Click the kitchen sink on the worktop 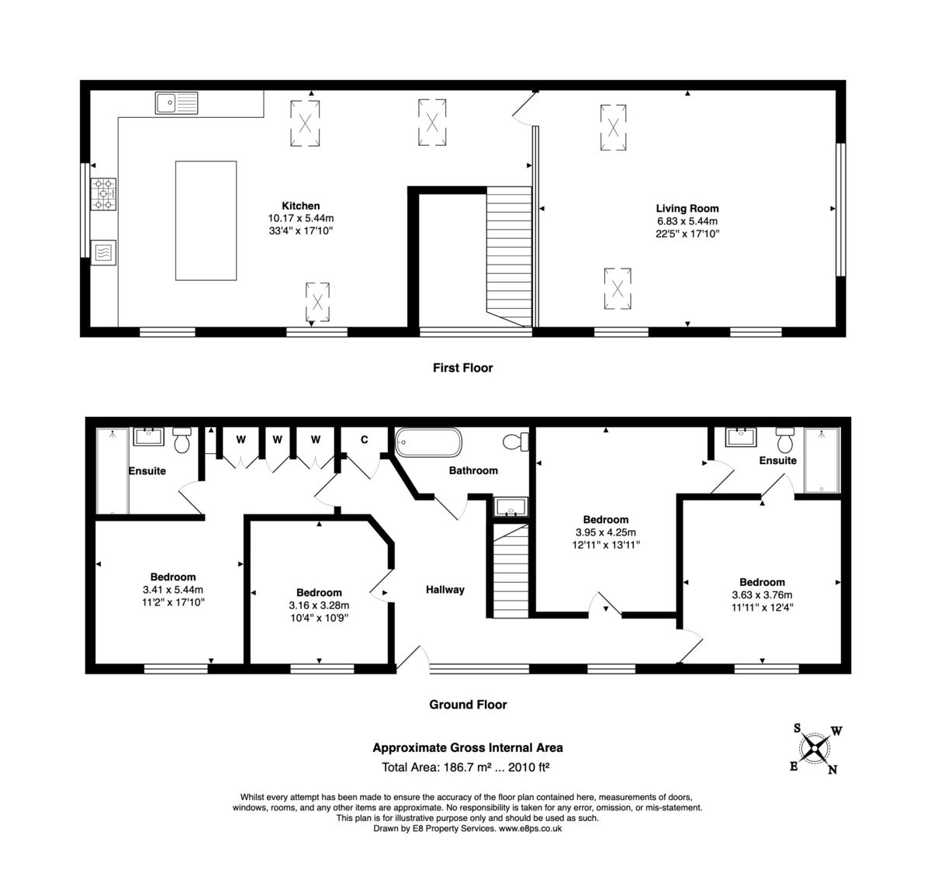(176, 102)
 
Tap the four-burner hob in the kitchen (104, 194)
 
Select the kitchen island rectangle (206, 220)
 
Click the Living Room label (687, 208)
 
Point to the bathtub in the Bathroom (428, 444)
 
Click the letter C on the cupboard (364, 440)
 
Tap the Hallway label (445, 590)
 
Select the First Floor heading (462, 368)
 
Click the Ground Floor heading (468, 705)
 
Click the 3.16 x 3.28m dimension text (319, 606)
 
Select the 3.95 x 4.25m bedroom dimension (605, 532)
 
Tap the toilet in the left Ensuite (182, 441)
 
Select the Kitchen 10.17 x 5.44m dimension (300, 219)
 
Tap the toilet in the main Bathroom (515, 442)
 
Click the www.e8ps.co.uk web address (530, 829)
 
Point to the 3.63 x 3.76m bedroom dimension (762, 595)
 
